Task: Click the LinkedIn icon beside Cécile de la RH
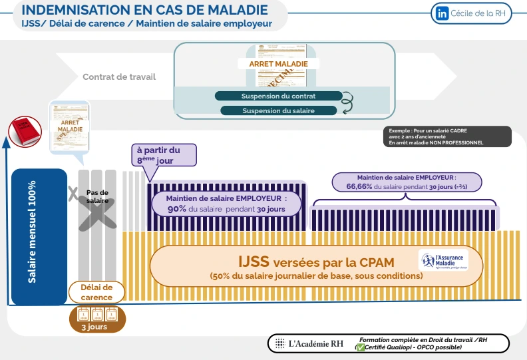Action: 442,13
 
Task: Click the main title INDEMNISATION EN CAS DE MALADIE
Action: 145,10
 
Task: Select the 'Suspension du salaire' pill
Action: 278,110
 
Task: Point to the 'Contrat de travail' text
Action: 119,77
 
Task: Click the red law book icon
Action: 24,132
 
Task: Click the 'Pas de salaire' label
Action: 97,196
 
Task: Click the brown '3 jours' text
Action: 93,327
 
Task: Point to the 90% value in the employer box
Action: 176,209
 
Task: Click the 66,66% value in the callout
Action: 359,187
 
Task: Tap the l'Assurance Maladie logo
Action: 444,260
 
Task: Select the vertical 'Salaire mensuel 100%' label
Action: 32,232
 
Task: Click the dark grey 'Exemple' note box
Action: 448,136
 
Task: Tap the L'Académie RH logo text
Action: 315,344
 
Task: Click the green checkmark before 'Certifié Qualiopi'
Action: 361,347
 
